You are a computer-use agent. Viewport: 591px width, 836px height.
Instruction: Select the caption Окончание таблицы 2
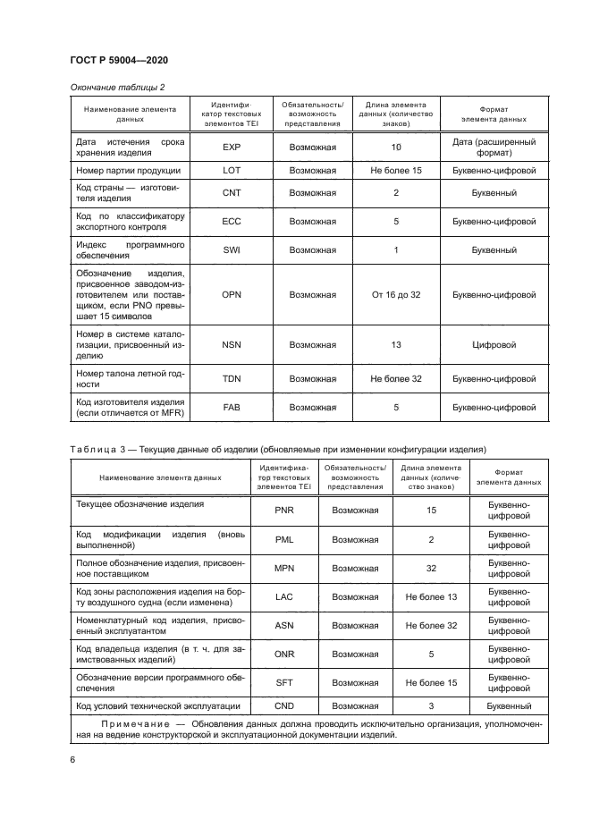tap(117, 87)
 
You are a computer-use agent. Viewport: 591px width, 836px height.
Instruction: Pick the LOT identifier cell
tap(232, 170)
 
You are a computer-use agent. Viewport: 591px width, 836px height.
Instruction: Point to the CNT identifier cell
tap(232, 192)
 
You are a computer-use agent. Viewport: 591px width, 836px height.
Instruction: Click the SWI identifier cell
tap(232, 250)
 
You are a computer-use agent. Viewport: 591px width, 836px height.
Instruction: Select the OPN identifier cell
tap(232, 294)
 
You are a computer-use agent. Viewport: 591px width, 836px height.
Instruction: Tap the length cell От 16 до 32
tap(395, 294)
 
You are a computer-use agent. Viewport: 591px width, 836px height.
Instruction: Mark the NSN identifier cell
tap(232, 344)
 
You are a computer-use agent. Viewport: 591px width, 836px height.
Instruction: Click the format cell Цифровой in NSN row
tap(494, 344)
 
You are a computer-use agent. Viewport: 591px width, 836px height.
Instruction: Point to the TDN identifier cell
tap(232, 379)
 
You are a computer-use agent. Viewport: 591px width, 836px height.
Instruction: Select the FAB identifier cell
tap(232, 408)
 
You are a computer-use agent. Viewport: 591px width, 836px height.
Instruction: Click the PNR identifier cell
tap(283, 511)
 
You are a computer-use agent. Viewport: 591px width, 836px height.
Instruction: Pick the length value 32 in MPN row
tap(431, 568)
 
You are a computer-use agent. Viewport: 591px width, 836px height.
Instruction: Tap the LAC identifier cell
tap(283, 596)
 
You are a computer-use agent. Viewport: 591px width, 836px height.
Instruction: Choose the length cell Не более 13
tap(431, 596)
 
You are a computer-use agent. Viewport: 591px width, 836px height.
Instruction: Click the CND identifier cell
tap(283, 706)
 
